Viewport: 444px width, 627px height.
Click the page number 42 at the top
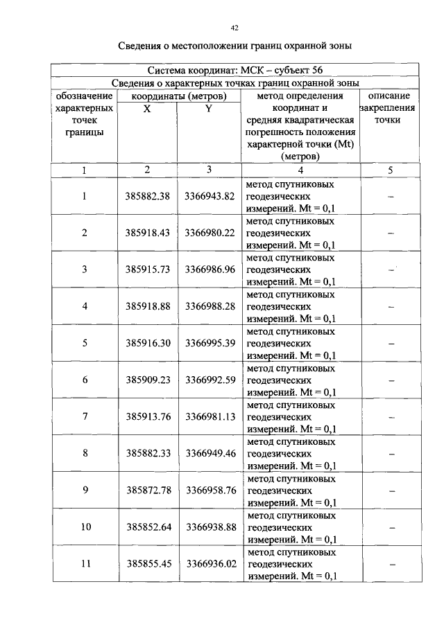234,28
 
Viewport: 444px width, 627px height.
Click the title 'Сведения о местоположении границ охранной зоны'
234,47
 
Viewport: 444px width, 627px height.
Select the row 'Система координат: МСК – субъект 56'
234,71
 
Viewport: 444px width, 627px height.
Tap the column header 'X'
147,108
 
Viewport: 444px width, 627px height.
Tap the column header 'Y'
209,108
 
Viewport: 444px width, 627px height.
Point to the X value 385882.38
147,196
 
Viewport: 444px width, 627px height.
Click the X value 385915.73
147,269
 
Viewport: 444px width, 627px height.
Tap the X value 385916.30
147,342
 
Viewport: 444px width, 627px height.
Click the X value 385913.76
147,416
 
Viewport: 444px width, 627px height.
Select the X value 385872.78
147,490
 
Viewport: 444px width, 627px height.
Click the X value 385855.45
147,563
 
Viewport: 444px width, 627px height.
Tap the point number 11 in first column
85,563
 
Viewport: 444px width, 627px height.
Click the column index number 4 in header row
300,170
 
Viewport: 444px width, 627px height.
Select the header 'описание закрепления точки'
389,108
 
